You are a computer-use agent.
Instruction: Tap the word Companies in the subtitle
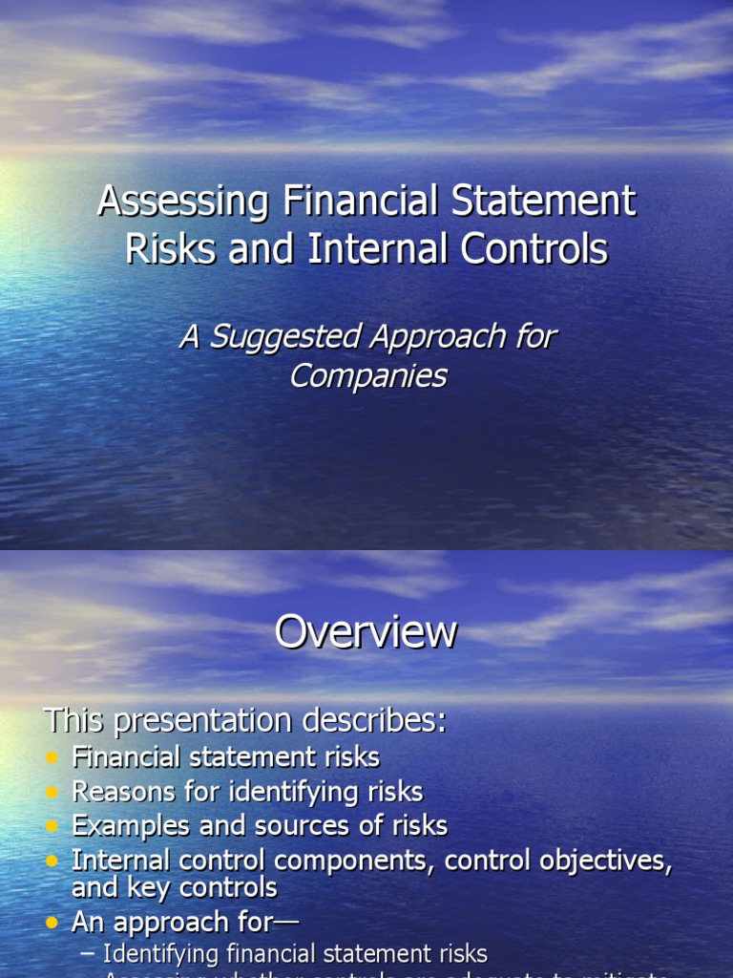pyautogui.click(x=367, y=375)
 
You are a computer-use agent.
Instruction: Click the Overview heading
pyautogui.click(x=366, y=632)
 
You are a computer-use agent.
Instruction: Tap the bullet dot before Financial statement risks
pyautogui.click(x=52, y=758)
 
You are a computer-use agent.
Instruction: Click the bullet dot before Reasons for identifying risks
pyautogui.click(x=52, y=793)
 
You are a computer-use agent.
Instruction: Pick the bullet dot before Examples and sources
pyautogui.click(x=52, y=826)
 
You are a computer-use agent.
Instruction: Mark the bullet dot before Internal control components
pyautogui.click(x=52, y=861)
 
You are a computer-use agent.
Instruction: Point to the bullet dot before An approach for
pyautogui.click(x=52, y=924)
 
